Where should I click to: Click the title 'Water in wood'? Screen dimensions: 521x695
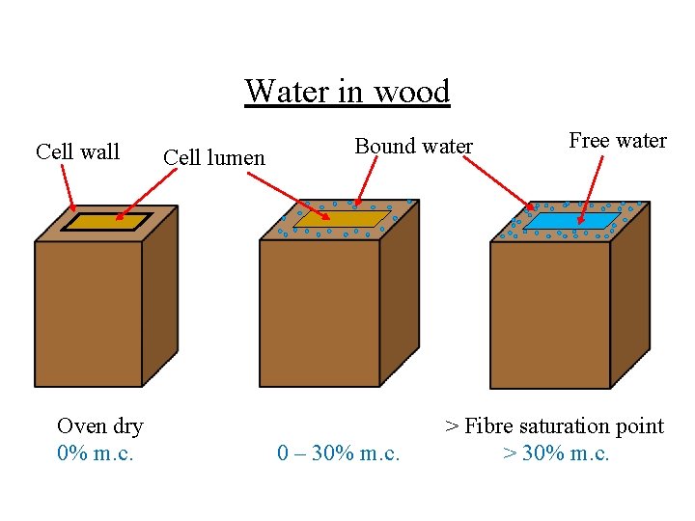pyautogui.click(x=347, y=92)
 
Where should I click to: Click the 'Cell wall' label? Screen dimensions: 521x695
pyautogui.click(x=77, y=151)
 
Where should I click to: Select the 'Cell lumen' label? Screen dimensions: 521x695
pyautogui.click(x=214, y=156)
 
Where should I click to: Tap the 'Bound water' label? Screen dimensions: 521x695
pyautogui.click(x=413, y=147)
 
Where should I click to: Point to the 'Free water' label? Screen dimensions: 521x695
pyautogui.click(x=618, y=141)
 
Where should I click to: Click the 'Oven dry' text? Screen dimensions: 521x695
pyautogui.click(x=100, y=425)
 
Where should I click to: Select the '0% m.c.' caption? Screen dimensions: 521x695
pyautogui.click(x=95, y=452)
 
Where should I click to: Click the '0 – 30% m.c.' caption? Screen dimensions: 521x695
pyautogui.click(x=338, y=452)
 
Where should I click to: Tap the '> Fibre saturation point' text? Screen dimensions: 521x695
pyautogui.click(x=554, y=425)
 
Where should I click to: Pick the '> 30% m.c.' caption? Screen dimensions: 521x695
pyautogui.click(x=556, y=452)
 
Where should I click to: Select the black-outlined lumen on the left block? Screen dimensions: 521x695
pyautogui.click(x=106, y=221)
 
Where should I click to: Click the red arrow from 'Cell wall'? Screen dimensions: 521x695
pyautogui.click(x=68, y=187)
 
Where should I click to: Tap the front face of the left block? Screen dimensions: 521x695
pyautogui.click(x=89, y=314)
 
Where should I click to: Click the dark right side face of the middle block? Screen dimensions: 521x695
pyautogui.click(x=398, y=299)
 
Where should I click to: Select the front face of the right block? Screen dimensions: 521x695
pyautogui.click(x=550, y=314)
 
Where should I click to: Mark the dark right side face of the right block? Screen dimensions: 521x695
pyautogui.click(x=629, y=299)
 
